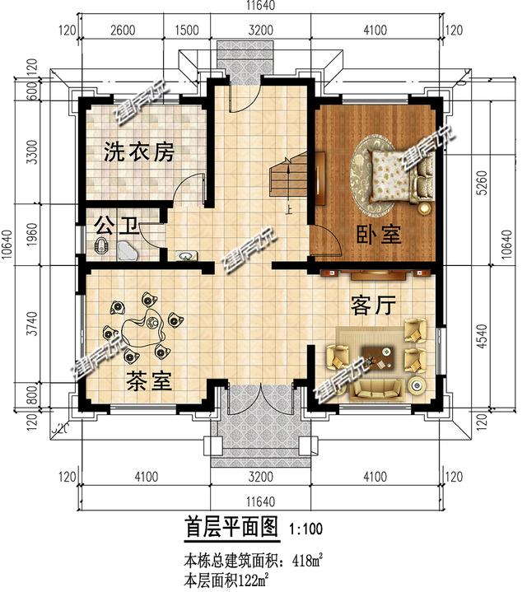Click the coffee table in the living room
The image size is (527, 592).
pos(380,355)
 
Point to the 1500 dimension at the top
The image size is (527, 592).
pos(189,31)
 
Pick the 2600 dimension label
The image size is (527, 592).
pos(122,31)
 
